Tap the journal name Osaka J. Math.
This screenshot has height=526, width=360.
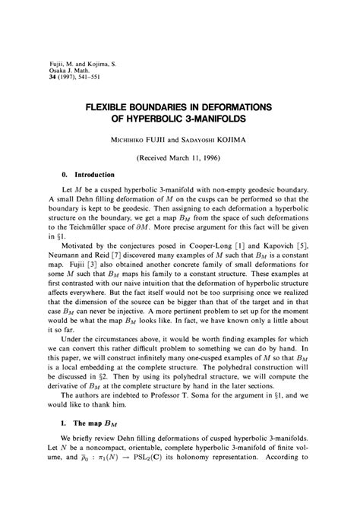64,73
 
